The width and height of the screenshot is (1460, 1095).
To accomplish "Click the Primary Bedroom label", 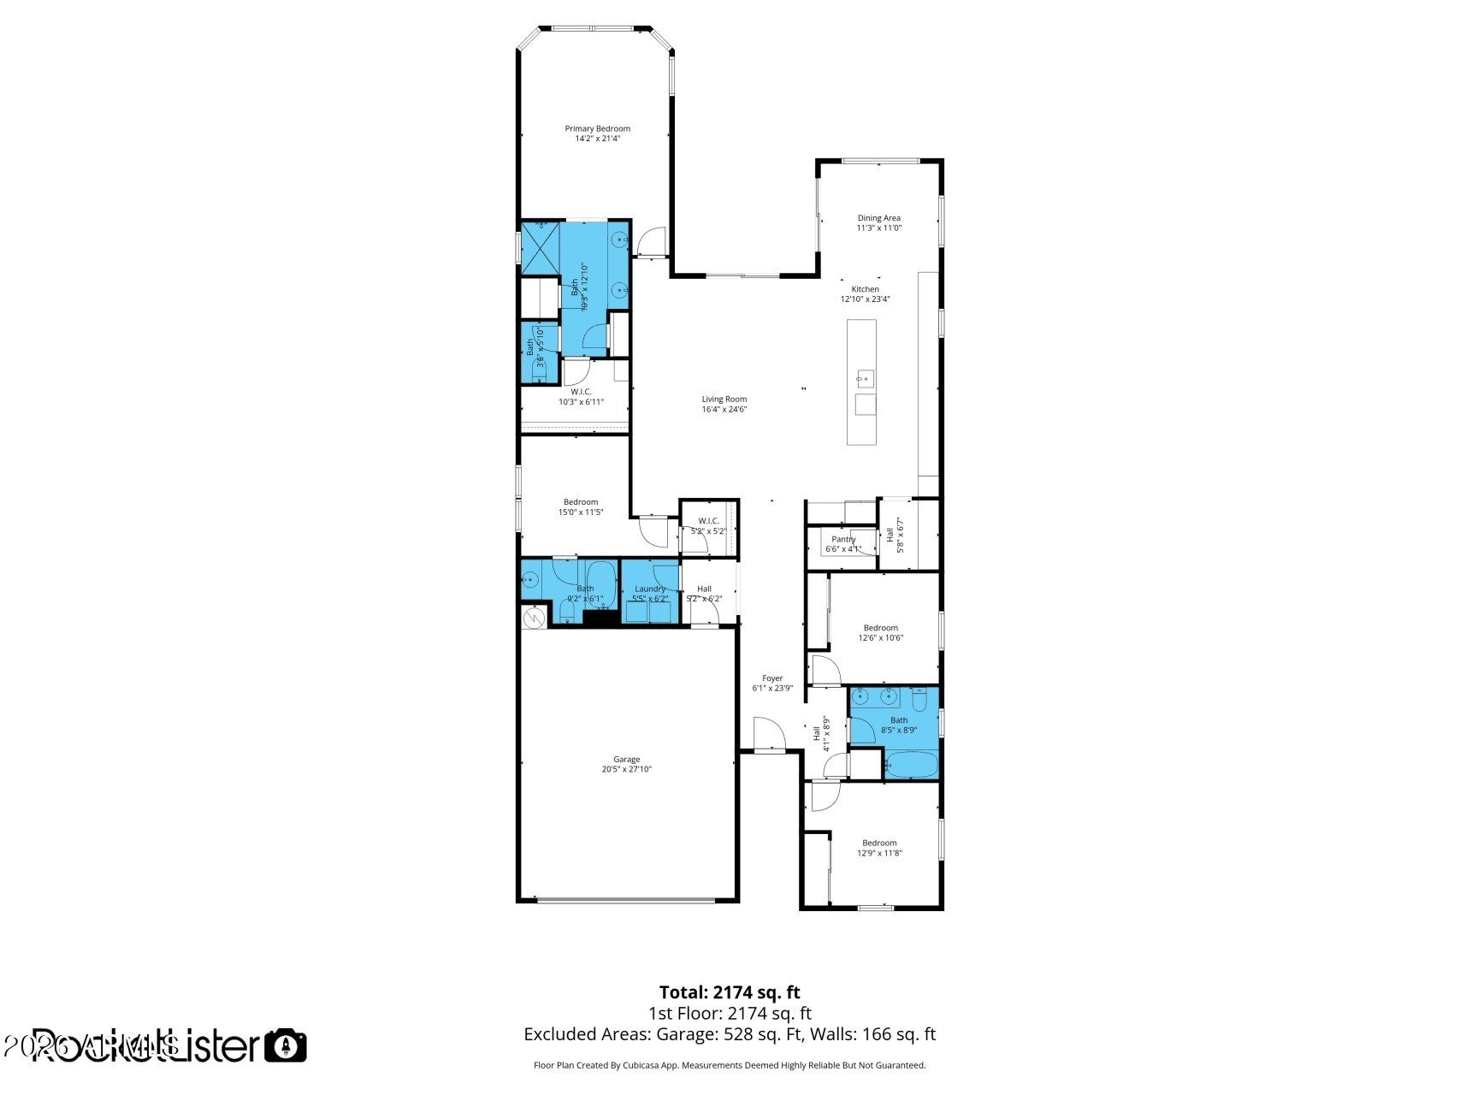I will [x=597, y=129].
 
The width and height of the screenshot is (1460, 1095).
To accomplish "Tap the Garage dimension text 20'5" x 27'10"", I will [x=626, y=770].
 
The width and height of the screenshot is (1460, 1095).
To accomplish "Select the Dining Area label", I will [x=878, y=218].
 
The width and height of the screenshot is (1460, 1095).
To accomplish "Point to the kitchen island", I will [x=861, y=382].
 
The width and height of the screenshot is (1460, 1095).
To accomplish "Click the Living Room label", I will [x=724, y=400].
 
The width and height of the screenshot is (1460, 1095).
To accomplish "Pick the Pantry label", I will [x=843, y=540].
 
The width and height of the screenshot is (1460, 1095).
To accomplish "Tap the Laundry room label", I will [x=650, y=589].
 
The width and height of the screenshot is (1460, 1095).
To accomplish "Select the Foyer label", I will [x=772, y=678].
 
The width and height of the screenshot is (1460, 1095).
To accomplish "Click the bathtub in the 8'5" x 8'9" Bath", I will [x=910, y=765].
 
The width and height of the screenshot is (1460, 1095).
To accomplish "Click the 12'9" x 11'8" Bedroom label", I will [x=879, y=843].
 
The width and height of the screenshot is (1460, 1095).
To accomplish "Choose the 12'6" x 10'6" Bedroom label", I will [x=880, y=628].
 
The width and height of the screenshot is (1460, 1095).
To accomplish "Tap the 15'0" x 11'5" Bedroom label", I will [x=581, y=502].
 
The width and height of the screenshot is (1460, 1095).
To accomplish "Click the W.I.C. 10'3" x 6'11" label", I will [x=581, y=392].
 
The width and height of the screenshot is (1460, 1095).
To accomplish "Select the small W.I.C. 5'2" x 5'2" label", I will [x=708, y=521].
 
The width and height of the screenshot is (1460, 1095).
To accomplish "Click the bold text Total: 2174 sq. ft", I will [x=729, y=992].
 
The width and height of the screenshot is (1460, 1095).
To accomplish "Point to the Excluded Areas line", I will [x=729, y=1034].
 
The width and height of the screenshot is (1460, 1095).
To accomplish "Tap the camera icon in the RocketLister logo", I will [x=285, y=1045].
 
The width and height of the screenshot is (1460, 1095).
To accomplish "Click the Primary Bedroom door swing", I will [x=652, y=242].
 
